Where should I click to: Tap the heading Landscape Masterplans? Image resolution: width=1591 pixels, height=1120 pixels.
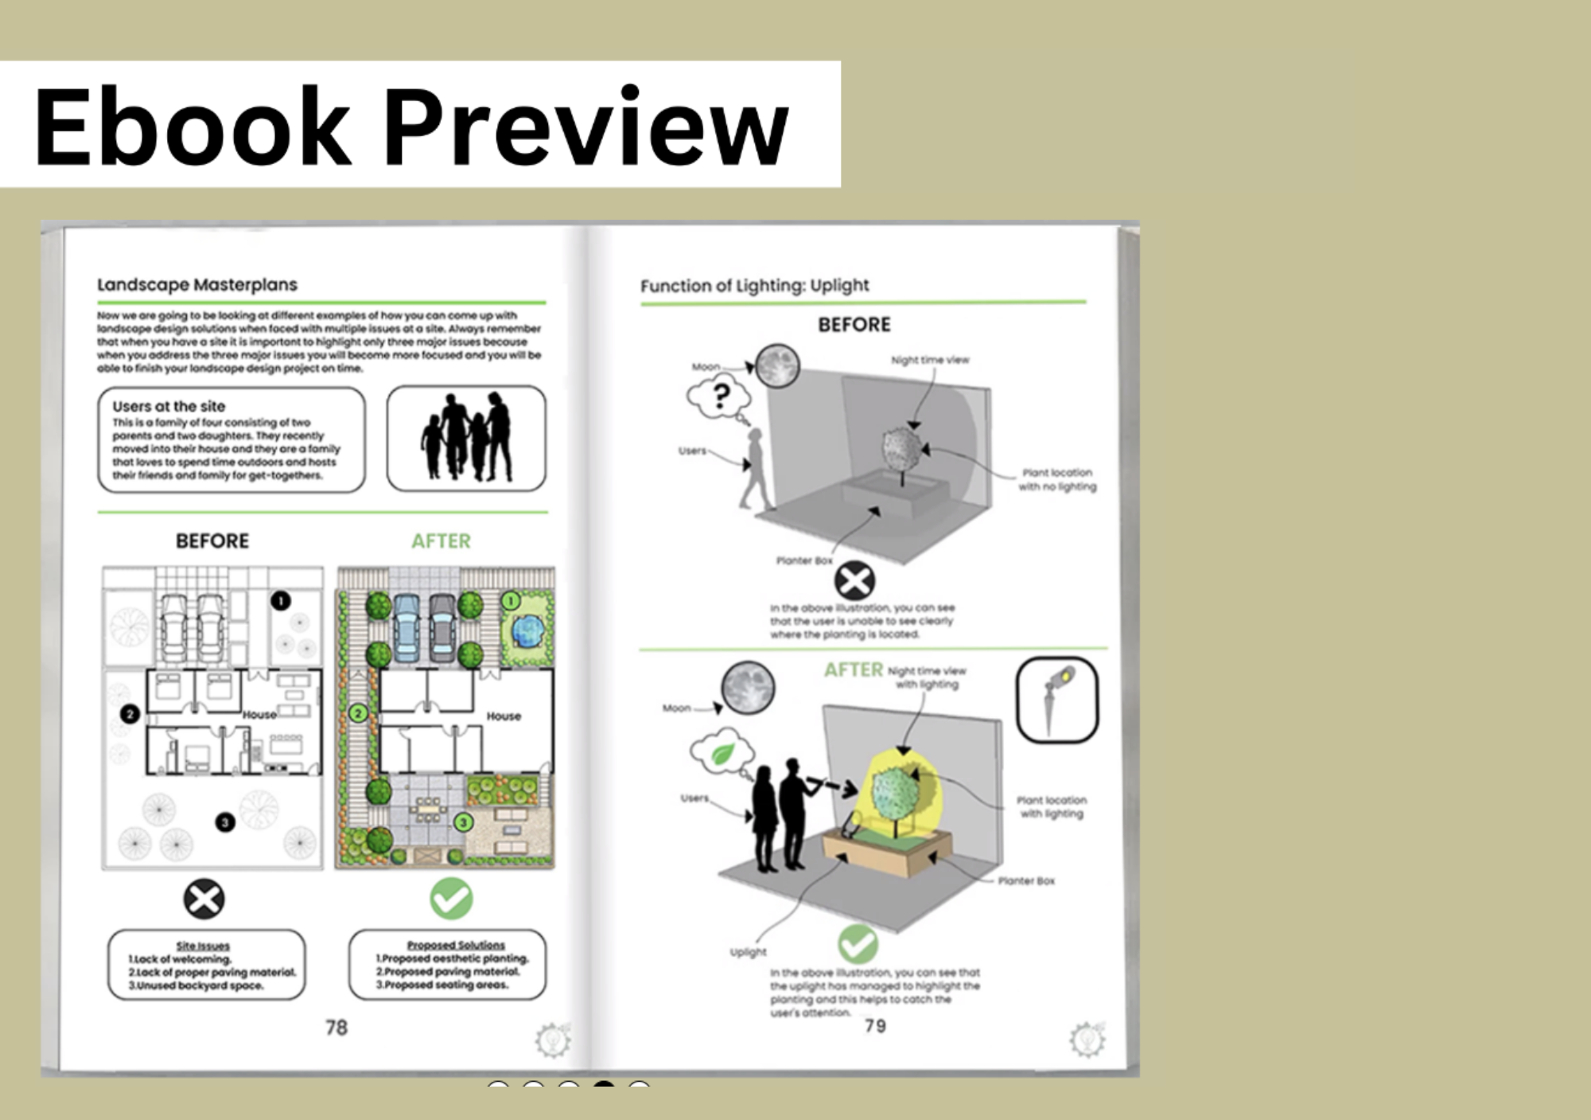tap(197, 285)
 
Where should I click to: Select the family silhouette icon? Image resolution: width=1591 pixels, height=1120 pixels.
tap(466, 438)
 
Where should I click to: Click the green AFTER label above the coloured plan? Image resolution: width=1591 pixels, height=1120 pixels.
tap(441, 541)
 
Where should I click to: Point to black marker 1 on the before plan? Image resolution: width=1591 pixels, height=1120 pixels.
tap(280, 601)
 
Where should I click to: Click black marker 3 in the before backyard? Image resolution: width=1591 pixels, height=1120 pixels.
tap(225, 822)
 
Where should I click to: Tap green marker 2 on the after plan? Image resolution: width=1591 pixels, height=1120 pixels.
tap(359, 713)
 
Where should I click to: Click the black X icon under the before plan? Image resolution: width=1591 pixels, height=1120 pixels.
tap(204, 900)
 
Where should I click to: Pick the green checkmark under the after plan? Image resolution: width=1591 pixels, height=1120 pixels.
tap(451, 899)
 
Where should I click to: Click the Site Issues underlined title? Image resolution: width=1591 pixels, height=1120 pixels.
tap(203, 946)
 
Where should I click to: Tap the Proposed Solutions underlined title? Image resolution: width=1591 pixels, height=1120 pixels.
tap(456, 945)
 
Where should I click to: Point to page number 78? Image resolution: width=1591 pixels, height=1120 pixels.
tap(336, 1028)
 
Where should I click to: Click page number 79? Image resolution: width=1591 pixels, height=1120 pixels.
tap(875, 1026)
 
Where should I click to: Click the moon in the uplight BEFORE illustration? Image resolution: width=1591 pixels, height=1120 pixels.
tap(777, 366)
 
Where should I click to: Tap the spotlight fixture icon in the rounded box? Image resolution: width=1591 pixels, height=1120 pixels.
tap(1056, 700)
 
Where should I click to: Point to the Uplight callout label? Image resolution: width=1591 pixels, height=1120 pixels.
tap(748, 952)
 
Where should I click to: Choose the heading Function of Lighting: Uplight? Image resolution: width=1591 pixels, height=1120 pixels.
tap(754, 286)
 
